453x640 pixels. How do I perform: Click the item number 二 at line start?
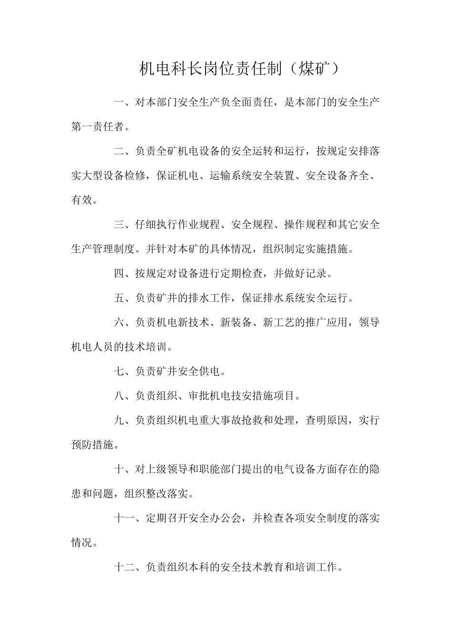click(119, 151)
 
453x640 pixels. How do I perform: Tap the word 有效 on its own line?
click(82, 200)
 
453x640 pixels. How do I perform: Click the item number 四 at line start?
click(119, 273)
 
